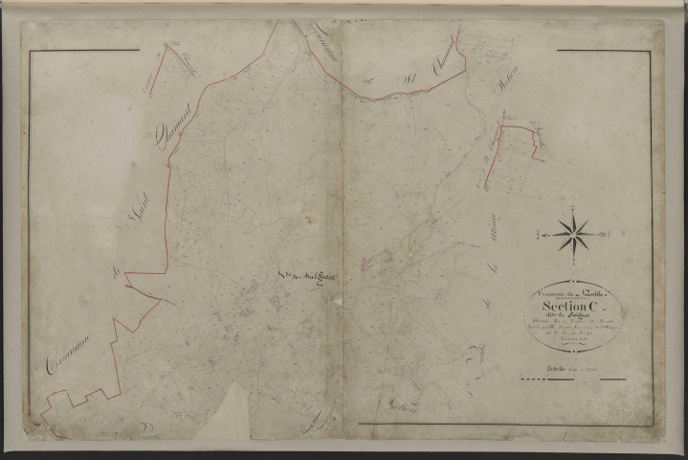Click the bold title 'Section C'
(x=571, y=308)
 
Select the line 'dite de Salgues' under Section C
(x=571, y=318)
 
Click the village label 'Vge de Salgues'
(x=305, y=278)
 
